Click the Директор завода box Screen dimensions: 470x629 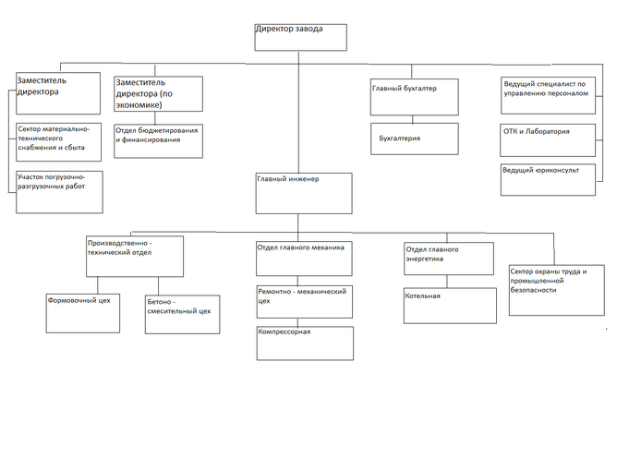[300, 36]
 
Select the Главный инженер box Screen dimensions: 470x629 [305, 193]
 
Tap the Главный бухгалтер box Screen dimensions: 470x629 [413, 97]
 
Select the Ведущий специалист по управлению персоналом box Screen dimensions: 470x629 [548, 95]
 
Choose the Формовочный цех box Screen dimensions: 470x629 [84, 311]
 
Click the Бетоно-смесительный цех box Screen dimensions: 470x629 [181, 314]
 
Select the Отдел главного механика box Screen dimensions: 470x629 [305, 258]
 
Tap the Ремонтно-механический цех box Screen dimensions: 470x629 [305, 302]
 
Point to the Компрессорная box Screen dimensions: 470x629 [305, 342]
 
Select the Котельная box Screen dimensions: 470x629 [449, 306]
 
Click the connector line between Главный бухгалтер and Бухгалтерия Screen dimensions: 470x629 [413, 119]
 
